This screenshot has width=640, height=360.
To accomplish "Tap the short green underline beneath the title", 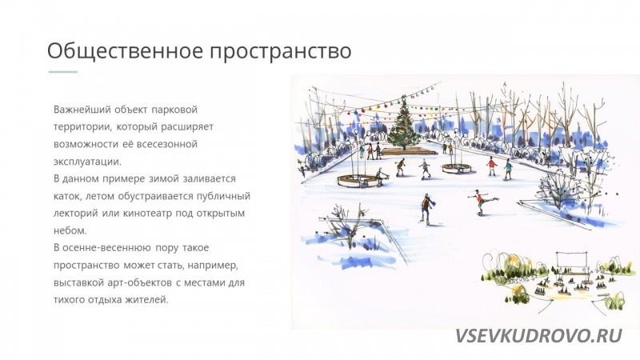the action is [x=63, y=72].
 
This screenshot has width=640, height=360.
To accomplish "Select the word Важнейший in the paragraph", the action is [x=82, y=110].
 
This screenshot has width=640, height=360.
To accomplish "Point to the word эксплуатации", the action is [x=87, y=162].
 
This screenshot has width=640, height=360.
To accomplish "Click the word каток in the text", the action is [x=66, y=196].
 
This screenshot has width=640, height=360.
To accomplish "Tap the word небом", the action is [x=70, y=230].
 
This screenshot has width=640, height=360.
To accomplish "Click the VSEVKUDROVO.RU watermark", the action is [x=538, y=336].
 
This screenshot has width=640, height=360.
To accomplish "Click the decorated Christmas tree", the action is [x=404, y=123].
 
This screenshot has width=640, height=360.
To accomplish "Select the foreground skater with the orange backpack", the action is [x=427, y=209].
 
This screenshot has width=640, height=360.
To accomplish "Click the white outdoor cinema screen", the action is [x=571, y=259].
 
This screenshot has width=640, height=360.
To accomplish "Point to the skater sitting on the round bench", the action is [x=380, y=177].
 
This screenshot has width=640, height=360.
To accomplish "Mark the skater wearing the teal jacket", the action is [x=507, y=169].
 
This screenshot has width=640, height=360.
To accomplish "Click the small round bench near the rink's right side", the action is [x=456, y=168].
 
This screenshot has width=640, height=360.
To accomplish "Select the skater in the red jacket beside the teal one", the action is [x=492, y=166].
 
